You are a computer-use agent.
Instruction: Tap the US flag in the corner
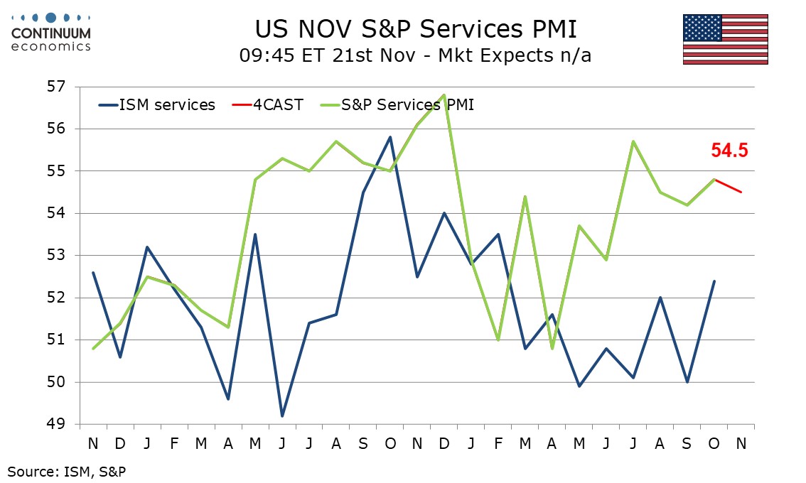[x=725, y=39]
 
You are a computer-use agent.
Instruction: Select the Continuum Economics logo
[x=51, y=32]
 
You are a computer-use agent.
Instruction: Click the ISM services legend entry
[x=156, y=105]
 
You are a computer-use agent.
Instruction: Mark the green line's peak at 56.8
[x=444, y=94]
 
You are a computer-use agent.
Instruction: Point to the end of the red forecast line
[x=741, y=192]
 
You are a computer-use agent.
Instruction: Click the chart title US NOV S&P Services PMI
[x=416, y=30]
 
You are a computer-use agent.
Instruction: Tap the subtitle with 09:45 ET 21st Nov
[x=416, y=55]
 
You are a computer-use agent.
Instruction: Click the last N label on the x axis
[x=741, y=443]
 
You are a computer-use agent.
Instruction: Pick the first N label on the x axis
[x=93, y=443]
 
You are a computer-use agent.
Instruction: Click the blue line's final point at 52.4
[x=714, y=281]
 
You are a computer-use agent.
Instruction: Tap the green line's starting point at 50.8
[x=93, y=348]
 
